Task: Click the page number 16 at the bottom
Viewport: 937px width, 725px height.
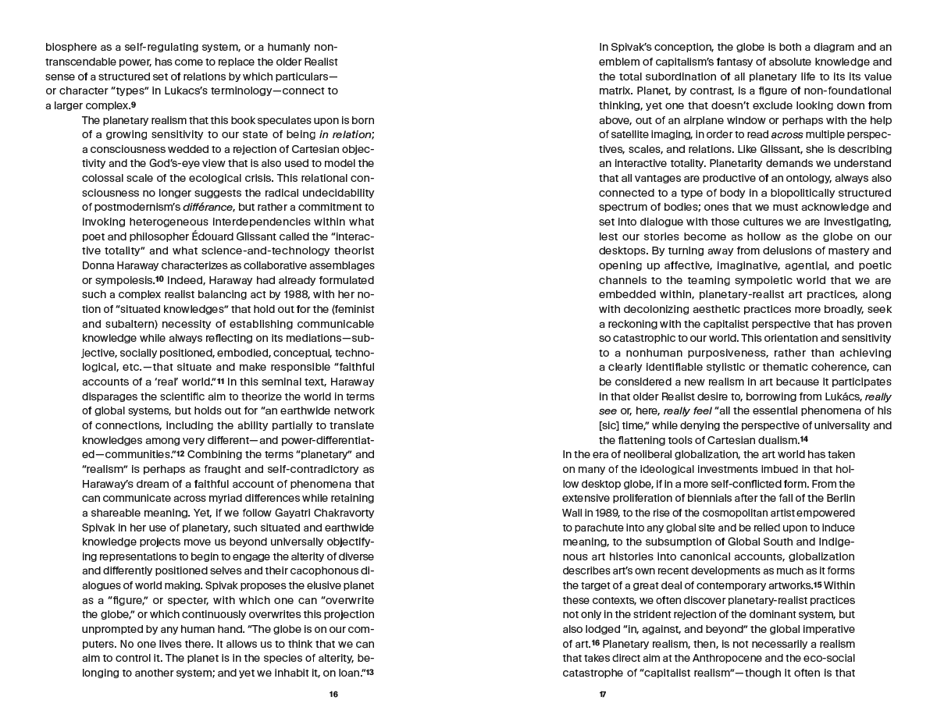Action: [333, 694]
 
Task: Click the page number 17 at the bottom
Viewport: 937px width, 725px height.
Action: [603, 694]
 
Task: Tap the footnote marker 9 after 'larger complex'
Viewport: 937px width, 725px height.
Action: [134, 105]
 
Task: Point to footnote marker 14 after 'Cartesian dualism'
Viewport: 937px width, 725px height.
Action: [803, 439]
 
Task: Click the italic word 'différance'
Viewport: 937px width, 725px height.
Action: [205, 207]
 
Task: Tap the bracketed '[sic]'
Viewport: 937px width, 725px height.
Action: [611, 425]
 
